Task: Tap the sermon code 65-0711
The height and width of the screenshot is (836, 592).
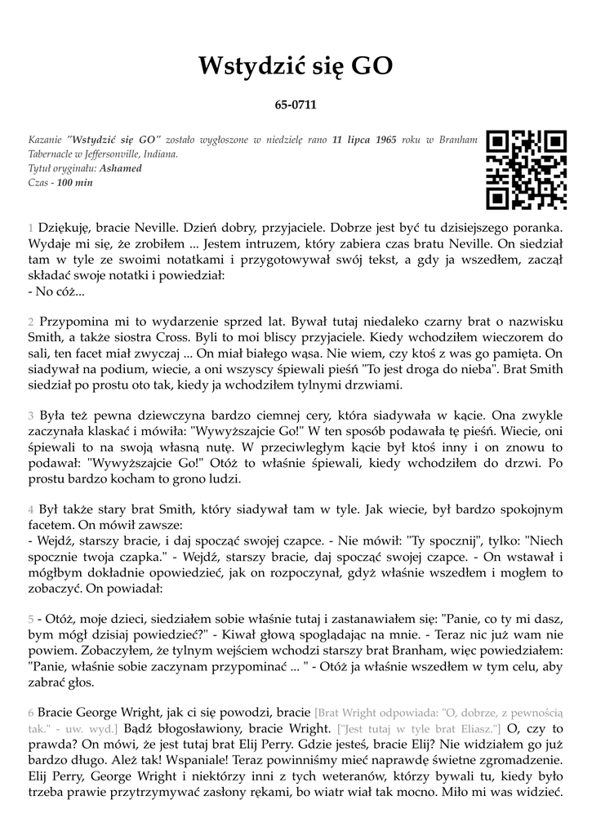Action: pyautogui.click(x=296, y=105)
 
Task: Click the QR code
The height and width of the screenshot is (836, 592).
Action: pyautogui.click(x=526, y=169)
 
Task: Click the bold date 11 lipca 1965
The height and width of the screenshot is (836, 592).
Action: pyautogui.click(x=364, y=140)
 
